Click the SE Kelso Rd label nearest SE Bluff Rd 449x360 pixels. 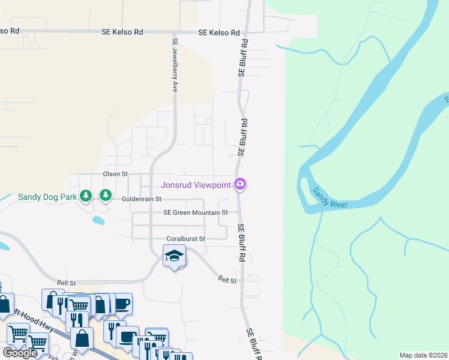[x=219, y=33]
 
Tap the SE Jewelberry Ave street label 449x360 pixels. [x=175, y=65]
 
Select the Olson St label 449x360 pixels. [x=116, y=174]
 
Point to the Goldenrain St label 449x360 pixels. [x=142, y=199]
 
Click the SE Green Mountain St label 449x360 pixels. [x=196, y=212]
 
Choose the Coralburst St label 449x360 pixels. [x=186, y=239]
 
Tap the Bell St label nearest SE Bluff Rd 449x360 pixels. [x=228, y=280]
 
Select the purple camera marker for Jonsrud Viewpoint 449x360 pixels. [x=240, y=184]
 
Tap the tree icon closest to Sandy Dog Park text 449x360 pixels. [x=86, y=196]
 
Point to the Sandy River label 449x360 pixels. [x=330, y=198]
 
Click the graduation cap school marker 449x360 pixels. [x=173, y=256]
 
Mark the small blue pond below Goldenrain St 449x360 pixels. [x=98, y=220]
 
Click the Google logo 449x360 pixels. [x=20, y=353]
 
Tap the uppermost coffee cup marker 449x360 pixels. [x=122, y=303]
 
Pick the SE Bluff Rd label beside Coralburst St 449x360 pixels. [x=243, y=242]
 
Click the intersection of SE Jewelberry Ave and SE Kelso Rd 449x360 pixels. [x=174, y=32]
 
